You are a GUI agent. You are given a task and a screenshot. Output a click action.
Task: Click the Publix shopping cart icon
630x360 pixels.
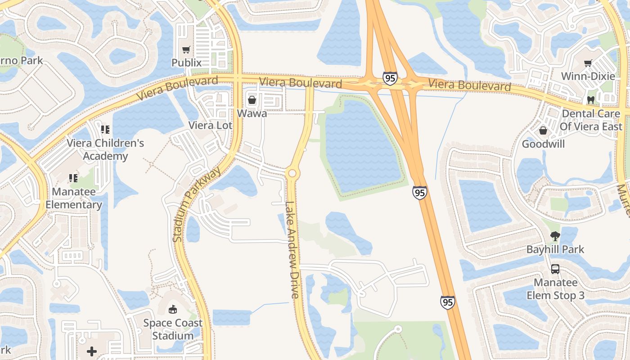click(186, 49)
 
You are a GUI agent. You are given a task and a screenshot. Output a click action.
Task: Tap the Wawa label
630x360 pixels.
click(252, 113)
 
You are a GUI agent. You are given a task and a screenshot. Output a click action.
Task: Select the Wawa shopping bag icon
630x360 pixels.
click(252, 100)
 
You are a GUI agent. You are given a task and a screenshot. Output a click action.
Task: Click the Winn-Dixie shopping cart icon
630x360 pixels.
click(588, 63)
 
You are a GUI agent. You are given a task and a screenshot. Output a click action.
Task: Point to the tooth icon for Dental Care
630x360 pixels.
click(591, 100)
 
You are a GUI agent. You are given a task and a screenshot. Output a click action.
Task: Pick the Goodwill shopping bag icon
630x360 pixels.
click(543, 131)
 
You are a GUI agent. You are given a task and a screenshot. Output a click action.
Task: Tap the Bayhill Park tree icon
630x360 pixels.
click(555, 236)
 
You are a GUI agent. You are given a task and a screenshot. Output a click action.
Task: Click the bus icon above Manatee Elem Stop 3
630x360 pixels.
click(555, 269)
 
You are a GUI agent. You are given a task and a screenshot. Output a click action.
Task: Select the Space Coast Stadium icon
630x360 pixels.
click(172, 309)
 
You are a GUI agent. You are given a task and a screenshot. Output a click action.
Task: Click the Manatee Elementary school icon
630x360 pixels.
click(73, 178)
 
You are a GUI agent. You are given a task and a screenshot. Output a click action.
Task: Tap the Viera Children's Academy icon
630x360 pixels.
click(105, 130)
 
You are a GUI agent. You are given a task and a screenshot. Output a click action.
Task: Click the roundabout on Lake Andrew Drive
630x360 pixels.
click(292, 173)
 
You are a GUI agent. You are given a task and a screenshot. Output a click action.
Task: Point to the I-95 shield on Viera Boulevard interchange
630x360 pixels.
click(390, 78)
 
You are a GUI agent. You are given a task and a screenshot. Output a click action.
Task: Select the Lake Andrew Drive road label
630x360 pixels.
click(292, 250)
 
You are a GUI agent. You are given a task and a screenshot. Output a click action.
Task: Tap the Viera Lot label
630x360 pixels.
click(211, 126)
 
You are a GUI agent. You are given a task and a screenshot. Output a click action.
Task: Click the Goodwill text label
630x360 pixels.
click(543, 144)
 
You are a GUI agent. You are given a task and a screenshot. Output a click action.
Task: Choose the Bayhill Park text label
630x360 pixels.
click(555, 249)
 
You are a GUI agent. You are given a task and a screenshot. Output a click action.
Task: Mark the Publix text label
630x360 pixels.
click(186, 63)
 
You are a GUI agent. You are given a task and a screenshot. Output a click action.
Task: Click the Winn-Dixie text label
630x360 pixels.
click(588, 76)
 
